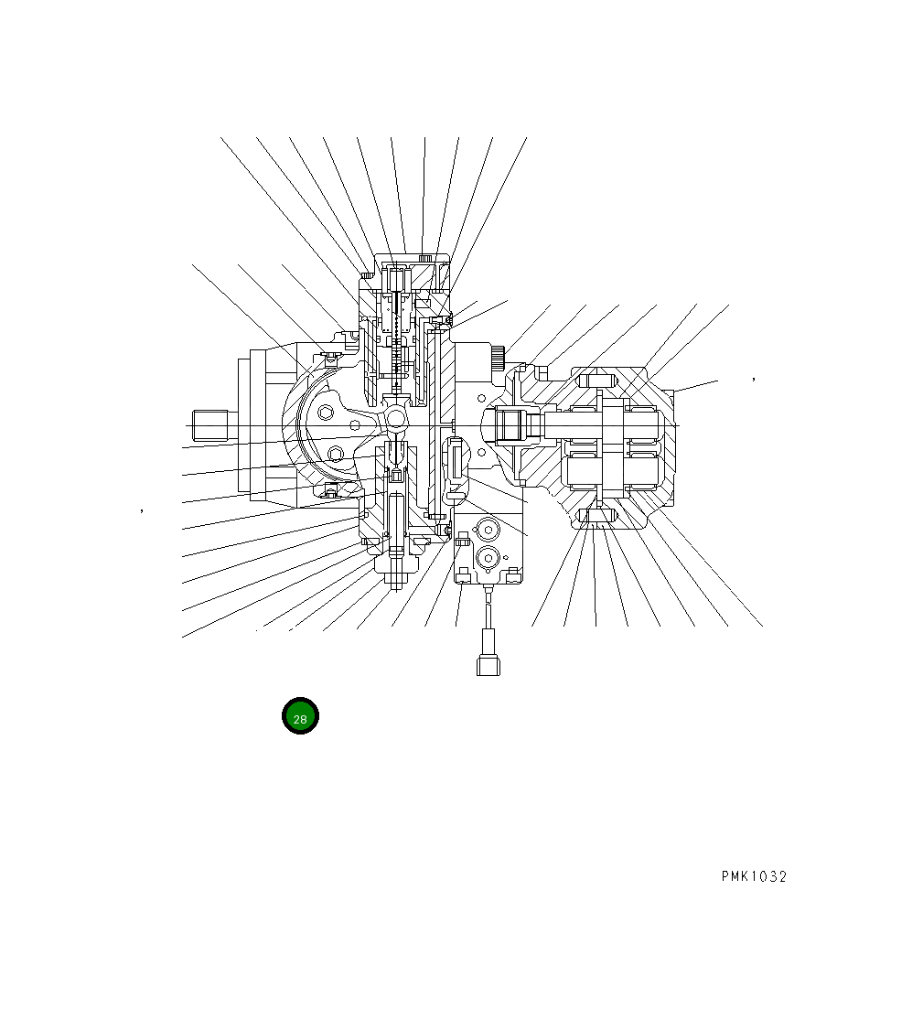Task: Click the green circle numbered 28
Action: click(300, 716)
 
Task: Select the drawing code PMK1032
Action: click(753, 876)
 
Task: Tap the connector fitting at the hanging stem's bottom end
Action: click(488, 663)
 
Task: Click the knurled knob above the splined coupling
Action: click(499, 357)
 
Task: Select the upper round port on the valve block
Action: click(488, 530)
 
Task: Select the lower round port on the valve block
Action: click(488, 557)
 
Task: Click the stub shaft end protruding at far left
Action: click(210, 425)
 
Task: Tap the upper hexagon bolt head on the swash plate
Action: click(327, 413)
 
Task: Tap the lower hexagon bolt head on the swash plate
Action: click(336, 454)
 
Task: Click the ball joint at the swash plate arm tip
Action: click(396, 418)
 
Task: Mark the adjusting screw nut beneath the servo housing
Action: click(396, 578)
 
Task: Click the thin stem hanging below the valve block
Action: click(488, 617)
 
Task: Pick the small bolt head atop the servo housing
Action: click(424, 258)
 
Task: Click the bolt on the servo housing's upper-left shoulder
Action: click(366, 274)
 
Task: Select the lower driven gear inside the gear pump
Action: click(615, 468)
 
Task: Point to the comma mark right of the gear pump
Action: click(753, 376)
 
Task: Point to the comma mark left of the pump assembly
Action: click(142, 510)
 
